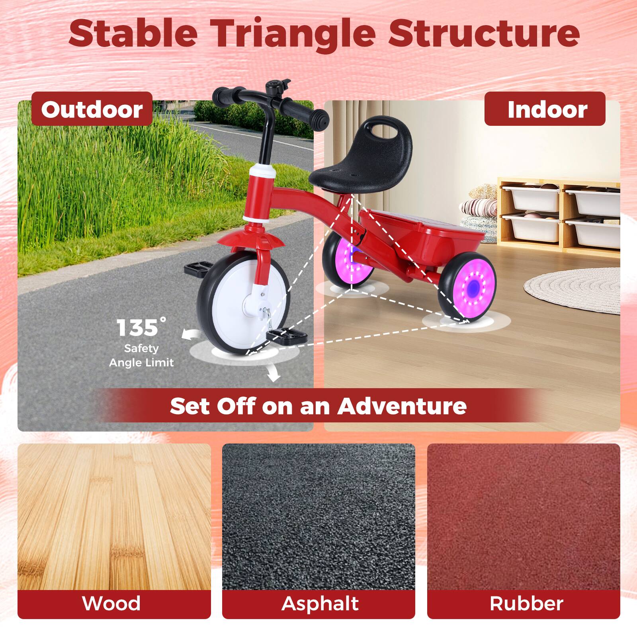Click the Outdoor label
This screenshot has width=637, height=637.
click(92, 109)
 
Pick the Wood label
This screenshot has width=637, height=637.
click(111, 603)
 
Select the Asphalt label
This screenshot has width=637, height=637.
click(320, 603)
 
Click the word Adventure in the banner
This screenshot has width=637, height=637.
click(402, 406)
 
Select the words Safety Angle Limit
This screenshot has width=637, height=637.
click(141, 356)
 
